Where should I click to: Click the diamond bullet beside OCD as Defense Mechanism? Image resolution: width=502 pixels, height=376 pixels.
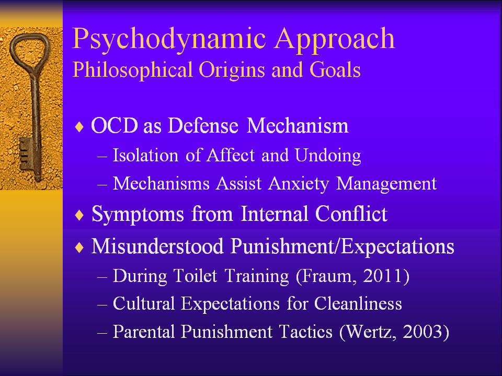tap(79, 127)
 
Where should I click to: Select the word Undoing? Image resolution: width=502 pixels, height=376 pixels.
tap(328, 156)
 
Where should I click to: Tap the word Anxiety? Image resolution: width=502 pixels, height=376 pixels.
tap(299, 184)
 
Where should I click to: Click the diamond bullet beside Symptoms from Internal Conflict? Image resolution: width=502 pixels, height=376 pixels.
tap(79, 215)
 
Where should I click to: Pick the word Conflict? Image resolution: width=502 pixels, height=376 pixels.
tap(351, 214)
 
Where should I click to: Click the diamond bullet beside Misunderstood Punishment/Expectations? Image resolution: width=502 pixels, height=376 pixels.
tap(79, 248)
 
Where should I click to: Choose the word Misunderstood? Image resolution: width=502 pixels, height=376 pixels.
tap(157, 246)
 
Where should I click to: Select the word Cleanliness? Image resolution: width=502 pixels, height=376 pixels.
tap(358, 303)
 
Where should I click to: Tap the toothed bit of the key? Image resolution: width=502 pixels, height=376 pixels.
tap(25, 155)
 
